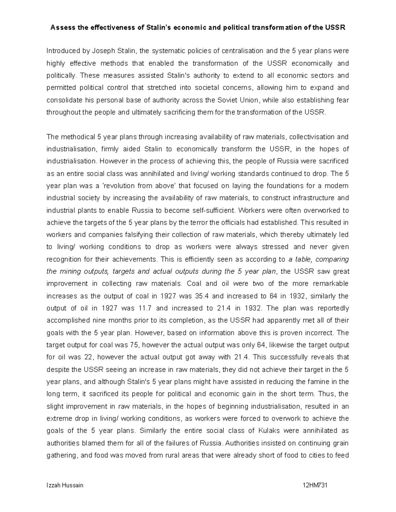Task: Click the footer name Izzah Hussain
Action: [x=65, y=485]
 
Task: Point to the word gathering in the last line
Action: [x=61, y=455]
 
